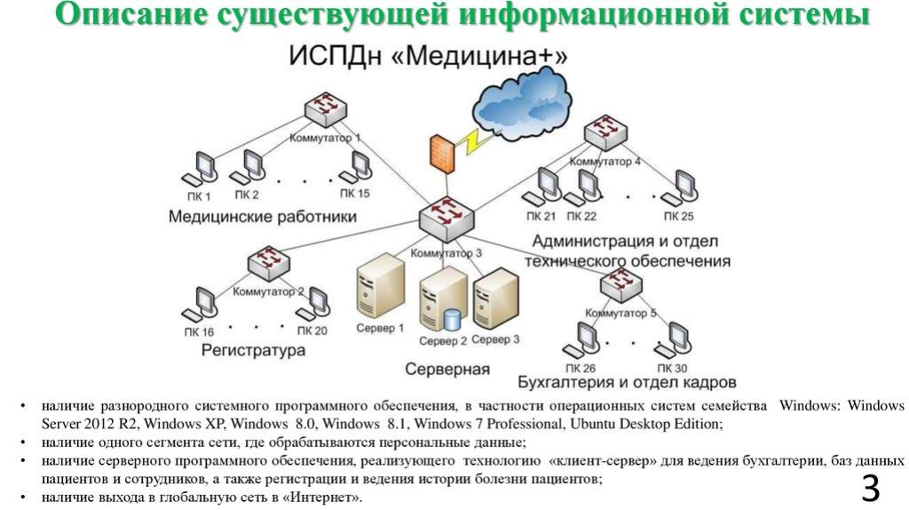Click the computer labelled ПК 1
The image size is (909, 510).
202,167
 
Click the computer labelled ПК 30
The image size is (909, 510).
675,338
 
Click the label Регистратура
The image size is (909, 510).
254,351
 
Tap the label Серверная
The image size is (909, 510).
448,369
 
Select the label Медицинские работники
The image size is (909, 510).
263,216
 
